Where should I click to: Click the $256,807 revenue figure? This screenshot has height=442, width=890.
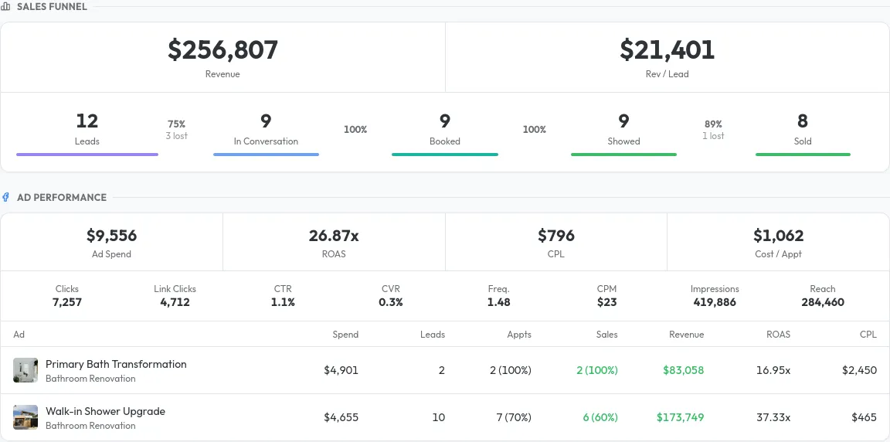pyautogui.click(x=222, y=50)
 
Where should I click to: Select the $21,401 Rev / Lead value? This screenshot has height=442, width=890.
pyautogui.click(x=667, y=50)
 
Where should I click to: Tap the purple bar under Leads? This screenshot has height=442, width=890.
pyautogui.click(x=87, y=155)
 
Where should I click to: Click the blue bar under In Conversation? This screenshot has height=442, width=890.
pyautogui.click(x=266, y=155)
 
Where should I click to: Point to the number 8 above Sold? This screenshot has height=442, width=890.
pyautogui.click(x=803, y=121)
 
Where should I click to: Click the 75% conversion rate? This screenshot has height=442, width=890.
pyautogui.click(x=176, y=124)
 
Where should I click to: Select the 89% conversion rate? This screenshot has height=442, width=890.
pyautogui.click(x=713, y=124)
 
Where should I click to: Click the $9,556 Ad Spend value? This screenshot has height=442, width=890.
pyautogui.click(x=111, y=236)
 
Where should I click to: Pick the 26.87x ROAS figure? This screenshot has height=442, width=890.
pyautogui.click(x=334, y=236)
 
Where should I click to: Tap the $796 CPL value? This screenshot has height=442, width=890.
pyautogui.click(x=556, y=236)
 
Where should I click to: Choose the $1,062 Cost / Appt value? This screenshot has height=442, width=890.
pyautogui.click(x=779, y=236)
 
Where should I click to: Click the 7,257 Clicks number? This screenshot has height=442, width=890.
pyautogui.click(x=67, y=302)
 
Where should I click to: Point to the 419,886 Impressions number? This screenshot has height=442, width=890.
pyautogui.click(x=715, y=302)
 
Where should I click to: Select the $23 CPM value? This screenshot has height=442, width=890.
pyautogui.click(x=606, y=302)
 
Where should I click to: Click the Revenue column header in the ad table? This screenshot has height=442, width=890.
pyautogui.click(x=686, y=335)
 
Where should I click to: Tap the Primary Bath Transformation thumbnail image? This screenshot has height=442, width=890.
pyautogui.click(x=25, y=370)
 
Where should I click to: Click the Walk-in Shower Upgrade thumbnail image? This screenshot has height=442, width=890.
pyautogui.click(x=25, y=417)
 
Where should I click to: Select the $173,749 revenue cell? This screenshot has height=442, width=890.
pyautogui.click(x=680, y=417)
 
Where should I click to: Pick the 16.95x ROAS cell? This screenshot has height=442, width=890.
pyautogui.click(x=773, y=370)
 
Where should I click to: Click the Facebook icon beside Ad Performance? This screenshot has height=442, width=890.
pyautogui.click(x=6, y=197)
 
